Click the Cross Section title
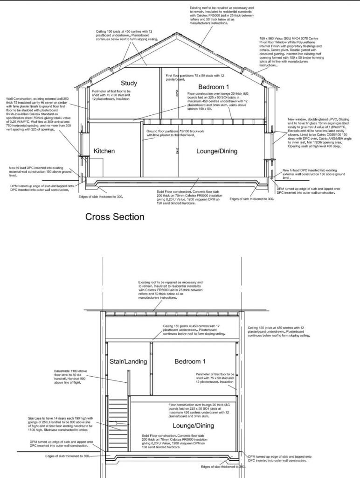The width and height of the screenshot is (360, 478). point(115,217)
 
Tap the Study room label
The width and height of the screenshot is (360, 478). point(129,84)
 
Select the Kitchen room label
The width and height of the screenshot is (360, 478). point(104,151)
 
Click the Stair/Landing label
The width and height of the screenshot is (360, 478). point(128,361)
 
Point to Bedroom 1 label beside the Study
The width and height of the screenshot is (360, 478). point(214,87)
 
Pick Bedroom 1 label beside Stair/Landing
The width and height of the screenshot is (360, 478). point(190,361)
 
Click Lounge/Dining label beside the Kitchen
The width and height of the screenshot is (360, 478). point(216,151)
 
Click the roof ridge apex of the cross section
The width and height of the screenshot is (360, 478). point(176,34)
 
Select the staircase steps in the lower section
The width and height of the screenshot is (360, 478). point(118,418)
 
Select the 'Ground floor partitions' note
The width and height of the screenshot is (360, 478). point(175,133)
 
